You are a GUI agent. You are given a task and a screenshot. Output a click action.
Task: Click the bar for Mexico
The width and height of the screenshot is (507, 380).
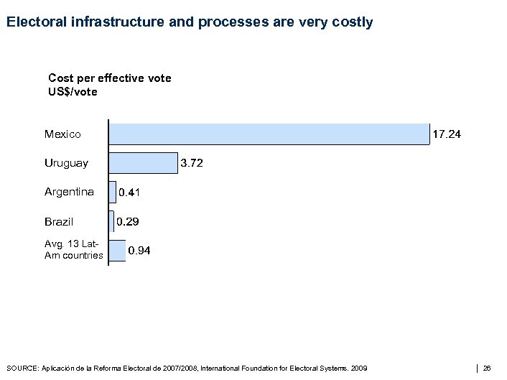269,134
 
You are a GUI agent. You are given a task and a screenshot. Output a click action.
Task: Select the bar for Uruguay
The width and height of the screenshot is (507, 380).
143,163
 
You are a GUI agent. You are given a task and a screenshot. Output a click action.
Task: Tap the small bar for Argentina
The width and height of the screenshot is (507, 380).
113,192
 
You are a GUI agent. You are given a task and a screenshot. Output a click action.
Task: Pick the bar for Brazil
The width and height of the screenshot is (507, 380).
111,222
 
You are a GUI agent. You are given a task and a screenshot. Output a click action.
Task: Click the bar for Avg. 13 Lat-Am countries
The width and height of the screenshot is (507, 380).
117,250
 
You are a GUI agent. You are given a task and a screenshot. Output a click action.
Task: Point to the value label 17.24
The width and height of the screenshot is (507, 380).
446,134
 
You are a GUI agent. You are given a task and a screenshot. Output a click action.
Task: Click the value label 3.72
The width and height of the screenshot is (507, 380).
192,164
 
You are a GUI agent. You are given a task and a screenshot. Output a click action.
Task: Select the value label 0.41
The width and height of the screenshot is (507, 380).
130,193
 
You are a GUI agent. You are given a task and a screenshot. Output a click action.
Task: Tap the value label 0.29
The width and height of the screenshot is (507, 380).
129,222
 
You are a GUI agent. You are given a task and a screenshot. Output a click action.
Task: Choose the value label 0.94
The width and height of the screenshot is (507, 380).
139,251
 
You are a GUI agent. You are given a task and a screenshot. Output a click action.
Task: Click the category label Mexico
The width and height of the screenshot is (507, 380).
62,134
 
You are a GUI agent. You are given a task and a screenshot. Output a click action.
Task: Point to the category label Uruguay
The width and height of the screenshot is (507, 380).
66,163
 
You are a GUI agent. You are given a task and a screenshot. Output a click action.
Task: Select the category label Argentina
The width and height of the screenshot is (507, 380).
69,192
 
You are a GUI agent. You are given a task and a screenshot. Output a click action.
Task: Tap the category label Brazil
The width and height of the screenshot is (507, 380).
59,222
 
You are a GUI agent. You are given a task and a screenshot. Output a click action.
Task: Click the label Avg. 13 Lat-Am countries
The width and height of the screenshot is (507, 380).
73,250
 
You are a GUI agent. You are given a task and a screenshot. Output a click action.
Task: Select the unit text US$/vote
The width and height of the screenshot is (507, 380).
73,92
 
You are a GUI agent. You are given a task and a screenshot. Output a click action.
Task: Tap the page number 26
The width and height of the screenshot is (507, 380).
487,369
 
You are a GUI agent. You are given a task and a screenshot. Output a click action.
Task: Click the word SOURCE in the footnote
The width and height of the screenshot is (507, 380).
22,369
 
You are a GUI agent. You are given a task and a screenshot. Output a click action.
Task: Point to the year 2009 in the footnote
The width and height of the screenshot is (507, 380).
358,369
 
